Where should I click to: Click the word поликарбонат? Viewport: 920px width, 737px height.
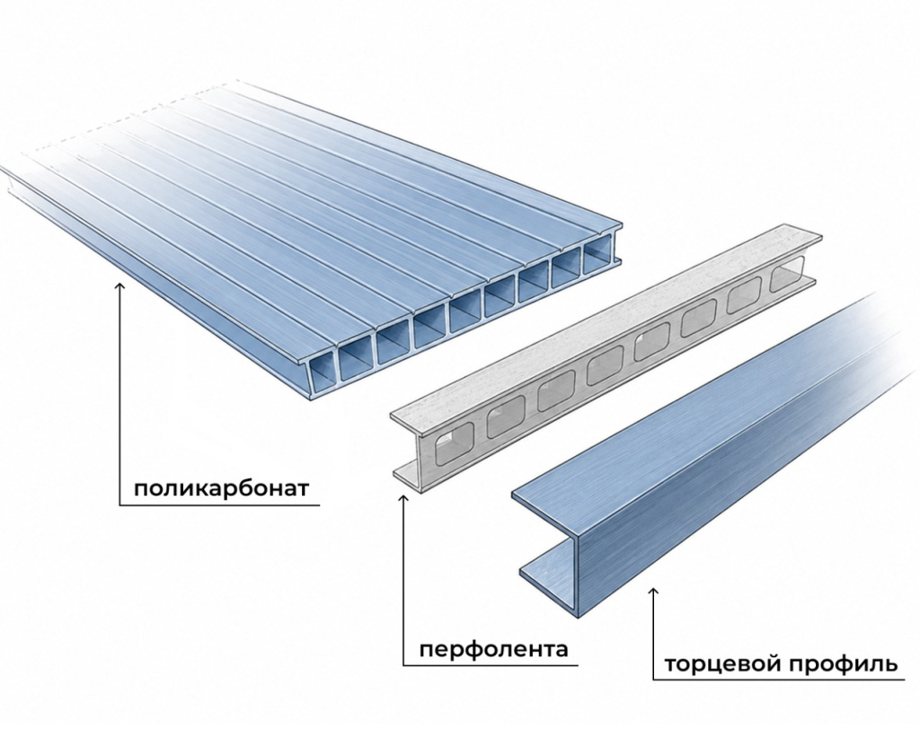pos(221,488)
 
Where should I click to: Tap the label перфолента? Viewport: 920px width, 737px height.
pos(494,649)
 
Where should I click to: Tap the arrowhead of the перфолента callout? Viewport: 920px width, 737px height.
pos(403,499)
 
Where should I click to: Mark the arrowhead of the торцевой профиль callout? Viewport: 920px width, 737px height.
pos(654,592)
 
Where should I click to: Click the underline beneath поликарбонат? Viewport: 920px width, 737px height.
pos(219,504)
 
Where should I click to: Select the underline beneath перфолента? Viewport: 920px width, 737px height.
pos(491,665)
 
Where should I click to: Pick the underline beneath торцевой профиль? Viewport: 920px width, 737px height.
pos(779,680)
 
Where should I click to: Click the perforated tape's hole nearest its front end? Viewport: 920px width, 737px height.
pos(454,442)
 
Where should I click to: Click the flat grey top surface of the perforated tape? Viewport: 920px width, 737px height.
pos(605,321)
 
